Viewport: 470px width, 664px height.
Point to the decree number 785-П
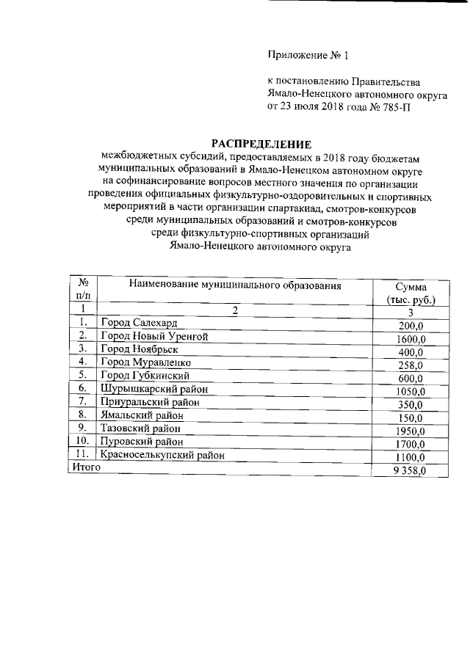click(x=394, y=106)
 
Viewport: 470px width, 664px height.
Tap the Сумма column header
click(x=411, y=288)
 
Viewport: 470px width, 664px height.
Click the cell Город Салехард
click(x=139, y=323)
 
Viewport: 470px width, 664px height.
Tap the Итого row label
click(x=84, y=467)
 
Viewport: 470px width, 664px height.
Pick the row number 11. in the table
click(x=82, y=455)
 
